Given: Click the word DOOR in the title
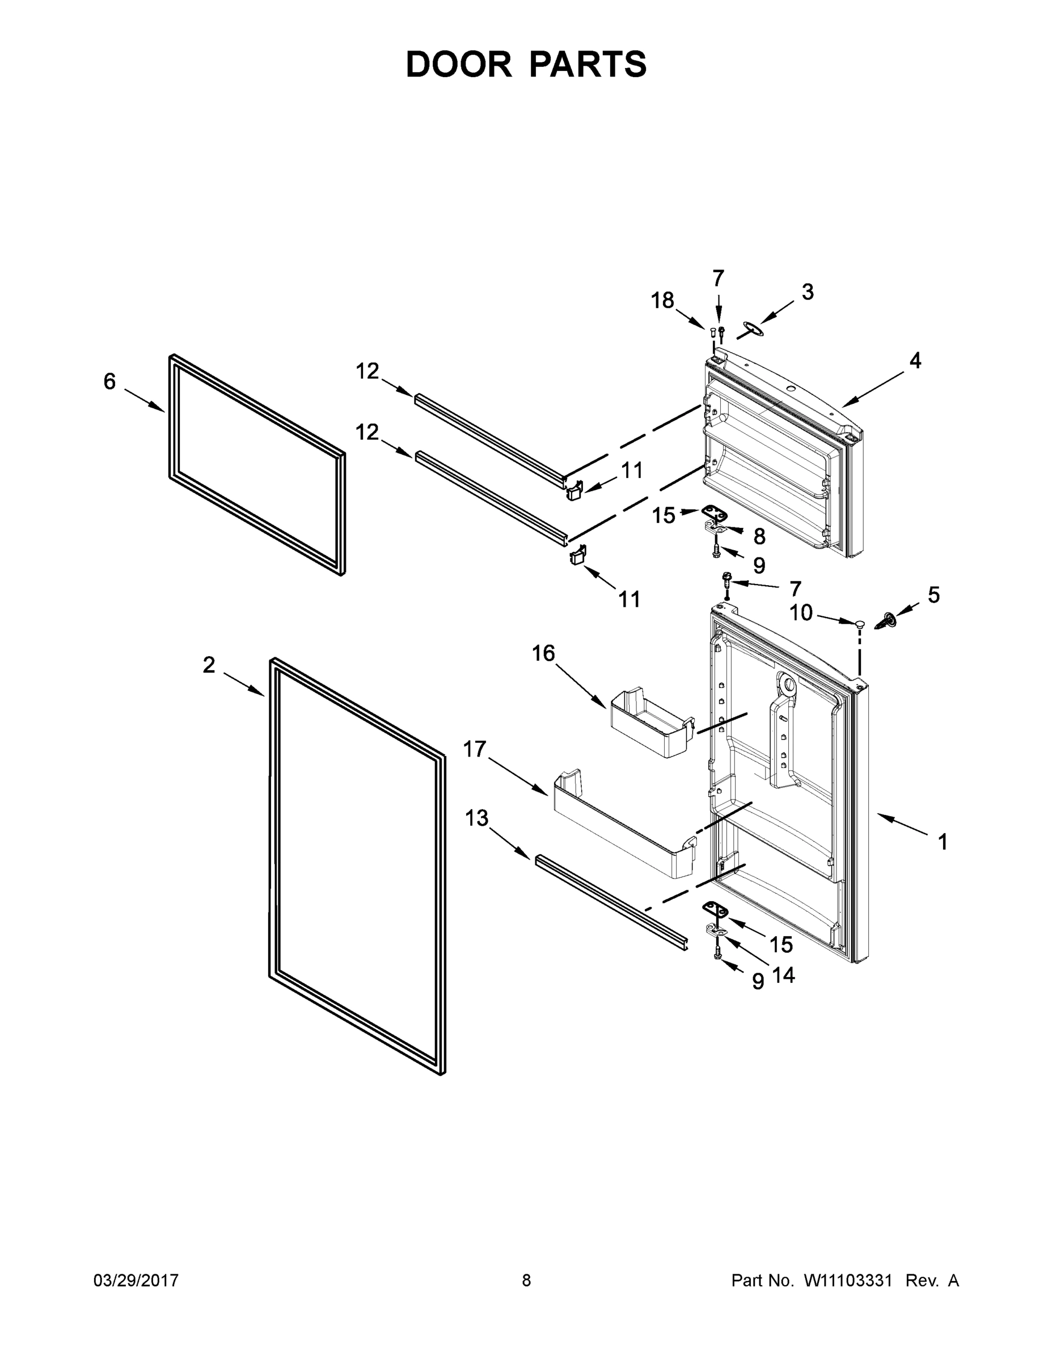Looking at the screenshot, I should click(459, 65).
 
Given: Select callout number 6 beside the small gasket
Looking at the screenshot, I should click(109, 382).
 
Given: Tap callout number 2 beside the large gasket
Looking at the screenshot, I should click(209, 665).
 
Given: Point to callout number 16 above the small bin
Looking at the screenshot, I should click(543, 653).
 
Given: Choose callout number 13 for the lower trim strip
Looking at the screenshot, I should click(477, 818).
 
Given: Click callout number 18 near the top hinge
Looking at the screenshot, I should click(662, 301).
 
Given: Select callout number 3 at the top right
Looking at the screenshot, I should click(807, 291).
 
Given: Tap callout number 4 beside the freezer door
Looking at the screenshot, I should click(914, 360).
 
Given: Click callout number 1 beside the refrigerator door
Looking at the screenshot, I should click(943, 843).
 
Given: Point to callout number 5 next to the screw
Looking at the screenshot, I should click(933, 595).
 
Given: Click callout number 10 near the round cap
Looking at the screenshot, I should click(801, 613).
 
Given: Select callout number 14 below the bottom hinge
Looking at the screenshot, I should click(783, 975).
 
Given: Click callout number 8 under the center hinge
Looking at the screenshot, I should click(759, 536).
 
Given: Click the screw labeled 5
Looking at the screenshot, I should click(888, 620).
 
